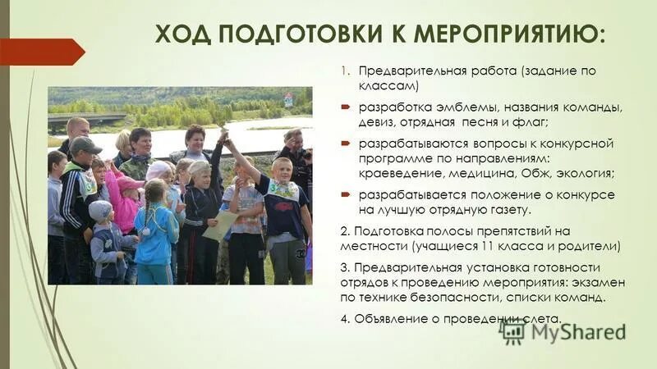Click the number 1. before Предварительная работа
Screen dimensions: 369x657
pos(346,71)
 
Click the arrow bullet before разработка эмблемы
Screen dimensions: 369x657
pos(347,107)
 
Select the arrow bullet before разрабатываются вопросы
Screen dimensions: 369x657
pos(347,143)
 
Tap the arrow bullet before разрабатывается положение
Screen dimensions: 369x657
pos(347,194)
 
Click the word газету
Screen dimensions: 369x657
pos(549,209)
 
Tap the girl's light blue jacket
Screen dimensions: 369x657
pos(156,234)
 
